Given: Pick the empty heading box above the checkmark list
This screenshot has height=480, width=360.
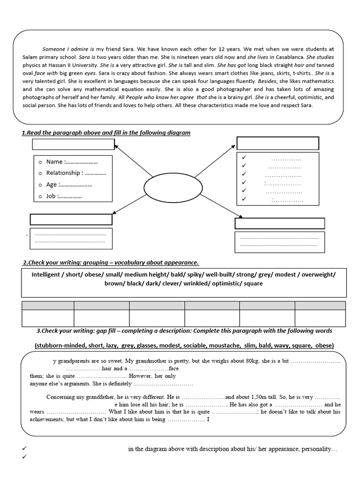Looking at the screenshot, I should pyautogui.click(x=277, y=143).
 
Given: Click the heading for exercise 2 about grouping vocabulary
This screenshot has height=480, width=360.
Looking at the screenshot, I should pyautogui.click(x=111, y=262).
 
